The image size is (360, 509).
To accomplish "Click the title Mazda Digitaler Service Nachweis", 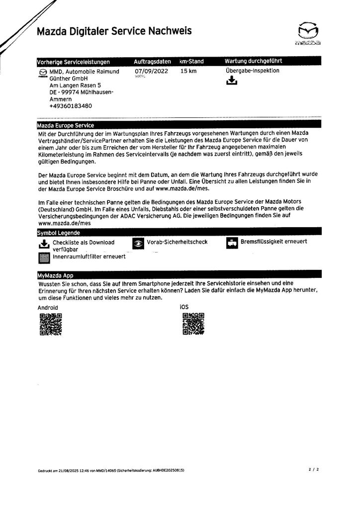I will click(114, 31).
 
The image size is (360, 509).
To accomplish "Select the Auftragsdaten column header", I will click(152, 62).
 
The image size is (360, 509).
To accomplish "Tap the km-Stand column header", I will click(191, 62).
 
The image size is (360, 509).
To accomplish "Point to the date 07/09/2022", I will click(151, 71).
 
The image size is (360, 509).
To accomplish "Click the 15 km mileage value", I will click(188, 71).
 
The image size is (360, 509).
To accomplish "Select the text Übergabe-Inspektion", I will click(252, 71).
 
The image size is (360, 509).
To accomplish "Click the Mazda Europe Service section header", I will click(66, 125).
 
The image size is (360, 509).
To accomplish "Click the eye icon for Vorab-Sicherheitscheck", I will click(138, 243).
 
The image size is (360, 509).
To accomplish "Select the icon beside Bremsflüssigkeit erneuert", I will click(232, 243).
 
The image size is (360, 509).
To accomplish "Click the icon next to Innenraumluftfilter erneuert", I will click(44, 257).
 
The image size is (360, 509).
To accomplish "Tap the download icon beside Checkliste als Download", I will click(44, 244).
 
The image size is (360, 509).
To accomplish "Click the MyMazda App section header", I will click(56, 275).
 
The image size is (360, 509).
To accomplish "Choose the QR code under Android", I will click(50, 325).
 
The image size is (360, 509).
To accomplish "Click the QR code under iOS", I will click(193, 324).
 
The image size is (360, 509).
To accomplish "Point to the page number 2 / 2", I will click(313, 469).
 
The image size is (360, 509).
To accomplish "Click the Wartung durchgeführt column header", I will click(254, 62).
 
